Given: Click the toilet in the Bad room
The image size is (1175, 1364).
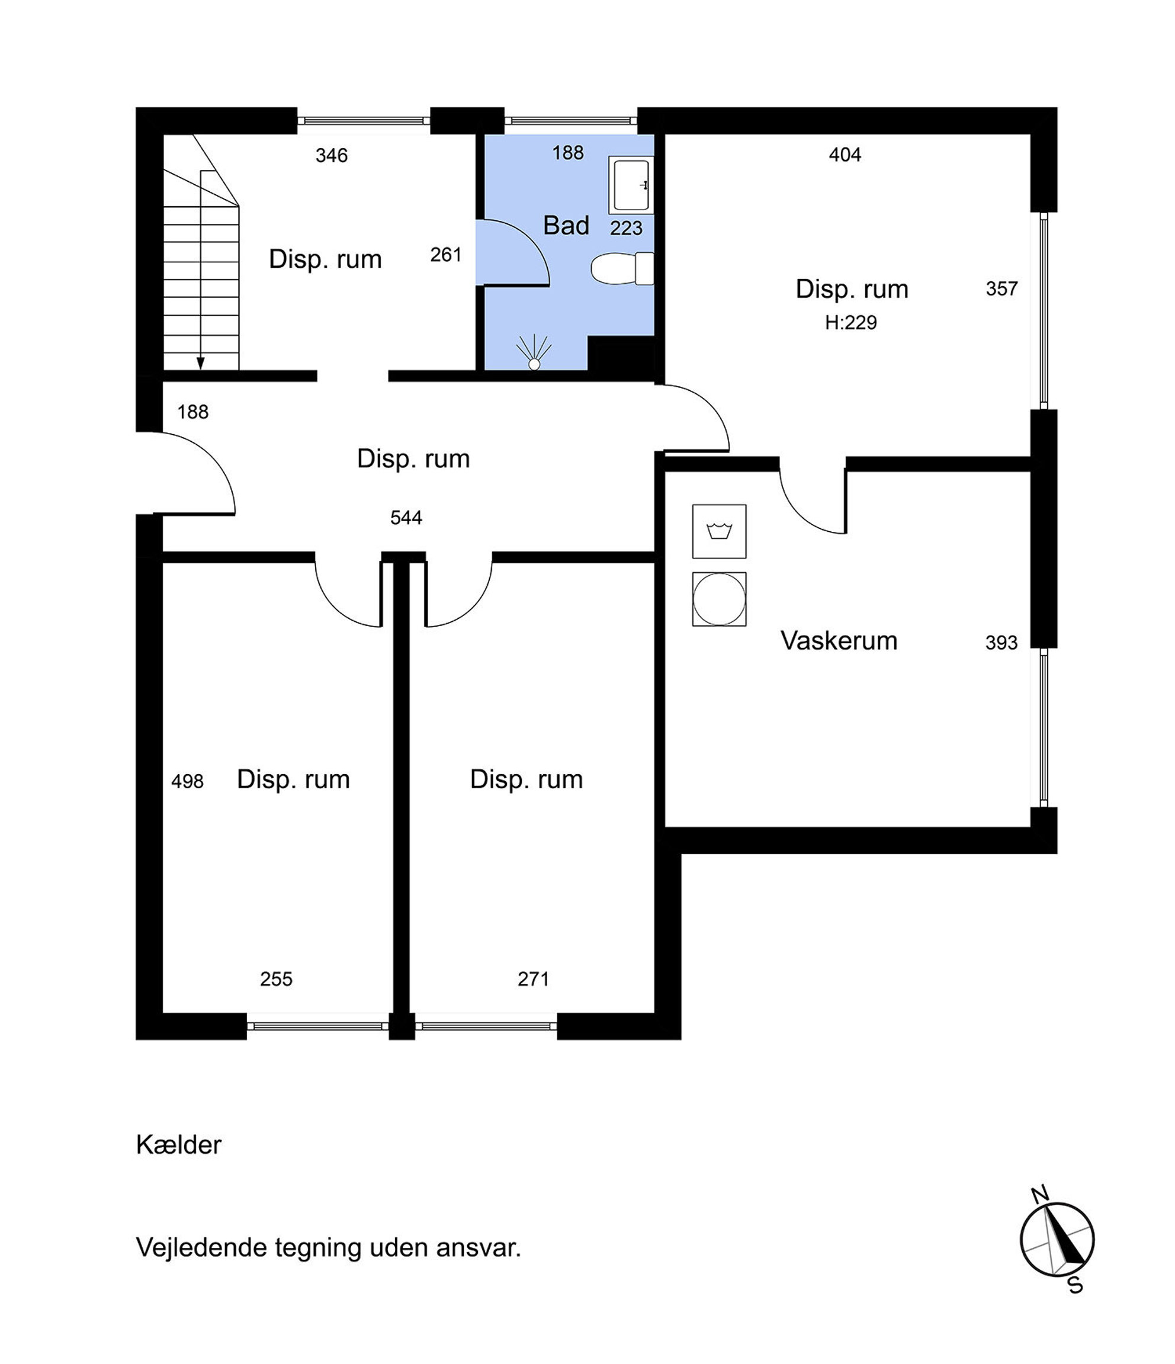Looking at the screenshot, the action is point(622,268).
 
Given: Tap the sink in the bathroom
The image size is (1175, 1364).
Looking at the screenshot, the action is point(631,185).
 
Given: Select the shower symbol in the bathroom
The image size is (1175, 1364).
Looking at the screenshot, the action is point(534,352).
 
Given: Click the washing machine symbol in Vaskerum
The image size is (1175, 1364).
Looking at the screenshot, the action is point(719,531).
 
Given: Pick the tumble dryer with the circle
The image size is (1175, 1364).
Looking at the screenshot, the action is point(719,599).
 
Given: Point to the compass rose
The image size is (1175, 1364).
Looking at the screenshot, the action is point(1057,1240).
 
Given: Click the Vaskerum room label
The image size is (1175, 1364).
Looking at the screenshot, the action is point(839,640).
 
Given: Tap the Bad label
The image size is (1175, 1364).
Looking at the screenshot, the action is point(566,225).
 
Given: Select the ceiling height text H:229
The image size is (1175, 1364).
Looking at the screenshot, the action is point(850,323).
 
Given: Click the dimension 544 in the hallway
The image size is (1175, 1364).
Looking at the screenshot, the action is point(406,518).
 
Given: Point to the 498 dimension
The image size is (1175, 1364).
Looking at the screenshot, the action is point(188,781).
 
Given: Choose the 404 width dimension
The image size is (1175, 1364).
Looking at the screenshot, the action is point(845,155).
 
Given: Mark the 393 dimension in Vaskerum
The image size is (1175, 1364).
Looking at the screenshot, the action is point(1001,643).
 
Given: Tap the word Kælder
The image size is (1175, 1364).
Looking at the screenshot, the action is point(178,1145).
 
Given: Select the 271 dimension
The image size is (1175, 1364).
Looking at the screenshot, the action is point(533,979).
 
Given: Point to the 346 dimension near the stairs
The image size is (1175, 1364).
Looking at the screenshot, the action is point(331,155).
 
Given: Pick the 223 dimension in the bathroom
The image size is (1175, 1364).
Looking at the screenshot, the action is point(626,228).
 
